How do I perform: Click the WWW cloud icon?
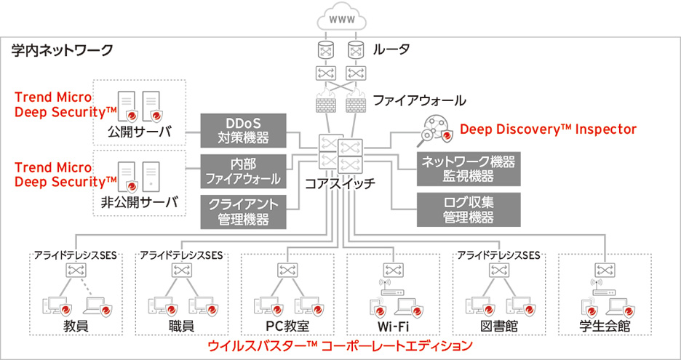pyautogui.click(x=340, y=20)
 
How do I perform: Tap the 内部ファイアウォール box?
pyautogui.click(x=244, y=170)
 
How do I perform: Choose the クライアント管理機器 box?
pyautogui.click(x=244, y=211)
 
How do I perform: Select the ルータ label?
pyautogui.click(x=391, y=50)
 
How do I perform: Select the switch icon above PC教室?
pyautogui.click(x=286, y=270)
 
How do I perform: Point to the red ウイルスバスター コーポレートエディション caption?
pyautogui.click(x=340, y=345)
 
